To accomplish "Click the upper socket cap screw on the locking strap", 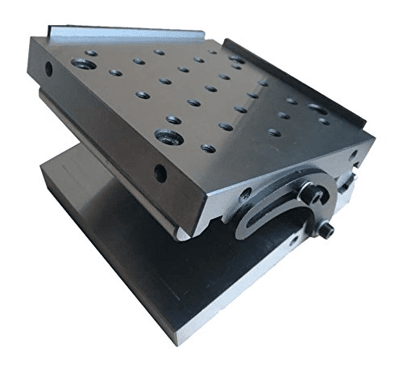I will point(309,194).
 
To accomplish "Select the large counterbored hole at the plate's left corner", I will point(81,63).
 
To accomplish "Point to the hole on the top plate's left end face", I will point(48,69).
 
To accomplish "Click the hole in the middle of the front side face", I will point(160,172).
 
